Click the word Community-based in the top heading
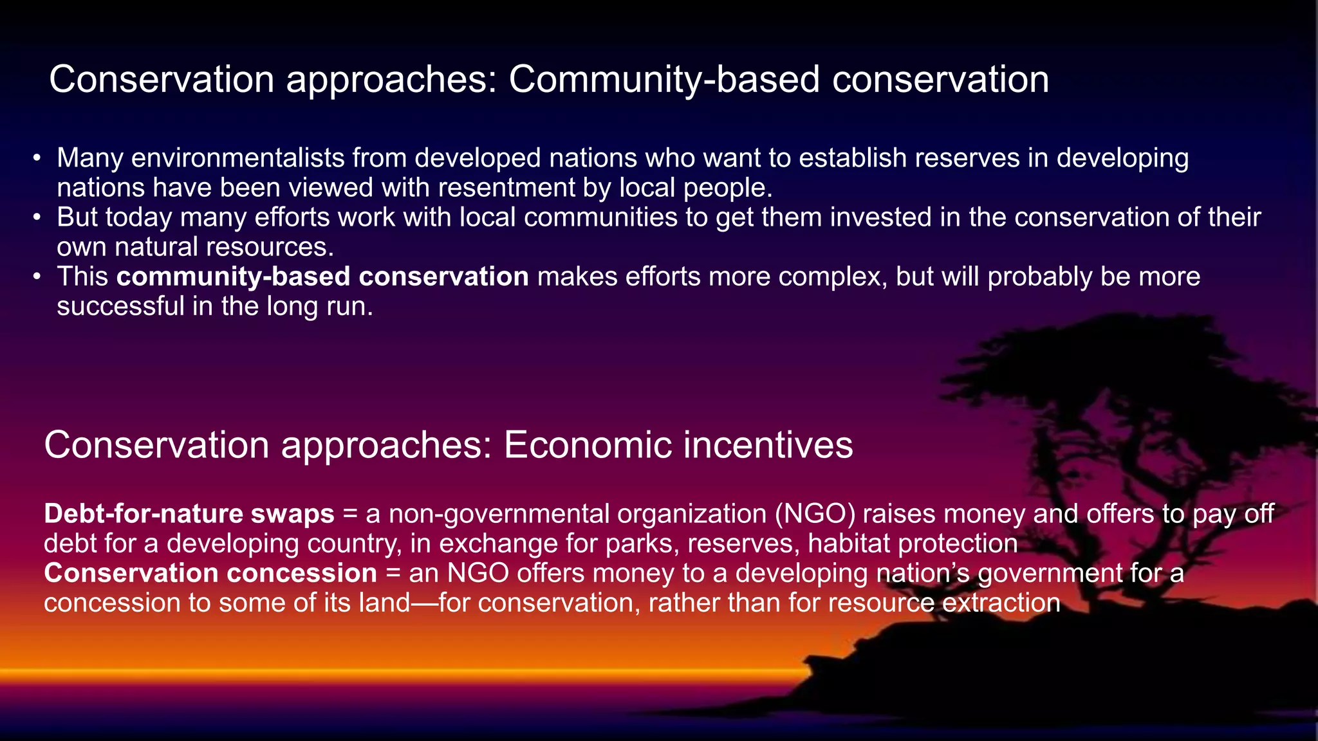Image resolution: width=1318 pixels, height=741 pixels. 664,80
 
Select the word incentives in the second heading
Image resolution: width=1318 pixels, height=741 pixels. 767,444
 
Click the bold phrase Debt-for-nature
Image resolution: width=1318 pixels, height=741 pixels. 143,514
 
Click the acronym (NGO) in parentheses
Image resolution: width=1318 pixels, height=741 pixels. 814,514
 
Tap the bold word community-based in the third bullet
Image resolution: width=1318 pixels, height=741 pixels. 233,277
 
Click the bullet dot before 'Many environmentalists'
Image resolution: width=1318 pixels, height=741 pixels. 37,158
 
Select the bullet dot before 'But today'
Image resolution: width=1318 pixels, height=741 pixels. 37,217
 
